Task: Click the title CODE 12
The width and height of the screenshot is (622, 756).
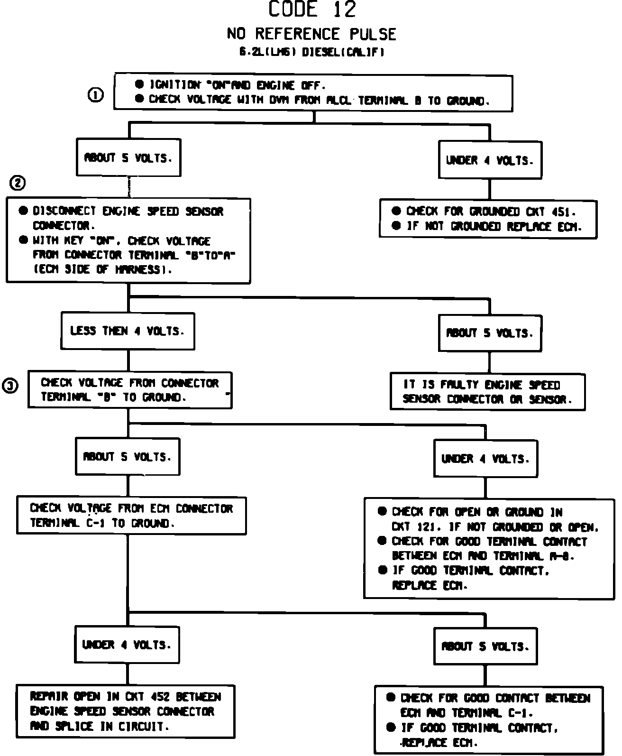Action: (311, 9)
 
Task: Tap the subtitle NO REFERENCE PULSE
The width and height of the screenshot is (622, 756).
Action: (311, 34)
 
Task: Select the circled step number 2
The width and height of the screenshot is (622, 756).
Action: (18, 183)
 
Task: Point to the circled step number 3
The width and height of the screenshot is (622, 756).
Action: (10, 387)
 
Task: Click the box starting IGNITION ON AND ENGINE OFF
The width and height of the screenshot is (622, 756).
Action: (313, 92)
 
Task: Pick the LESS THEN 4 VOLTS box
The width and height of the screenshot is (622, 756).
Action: (128, 331)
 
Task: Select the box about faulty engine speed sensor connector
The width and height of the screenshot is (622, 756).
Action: (487, 392)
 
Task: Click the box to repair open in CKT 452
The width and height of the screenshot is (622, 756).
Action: (126, 711)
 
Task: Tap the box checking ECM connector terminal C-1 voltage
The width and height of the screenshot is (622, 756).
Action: (131, 516)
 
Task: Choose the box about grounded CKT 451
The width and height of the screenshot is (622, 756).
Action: (488, 219)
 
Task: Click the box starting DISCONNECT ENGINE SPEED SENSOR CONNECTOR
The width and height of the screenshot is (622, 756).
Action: (128, 240)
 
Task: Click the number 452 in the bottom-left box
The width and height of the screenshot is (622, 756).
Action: (160, 697)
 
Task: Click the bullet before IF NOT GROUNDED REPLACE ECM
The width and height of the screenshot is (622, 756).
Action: (397, 226)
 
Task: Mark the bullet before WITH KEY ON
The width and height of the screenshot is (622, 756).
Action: (23, 240)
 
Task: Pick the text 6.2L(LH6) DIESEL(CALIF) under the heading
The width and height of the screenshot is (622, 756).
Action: (311, 53)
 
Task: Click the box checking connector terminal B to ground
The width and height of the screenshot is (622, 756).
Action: (130, 390)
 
